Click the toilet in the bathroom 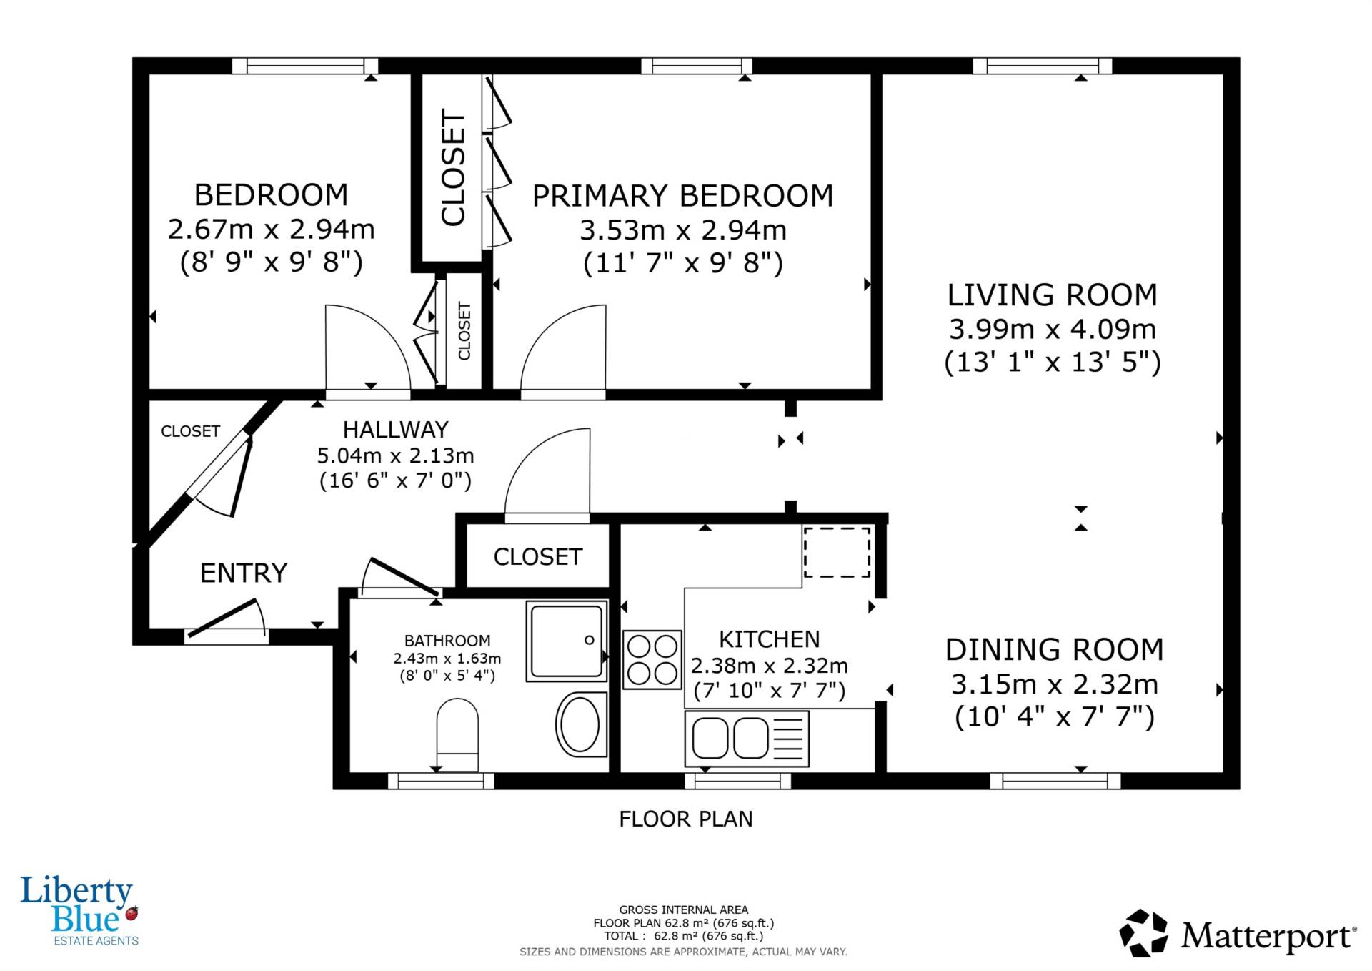(457, 735)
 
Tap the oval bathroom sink (580, 724)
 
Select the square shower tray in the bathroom (567, 641)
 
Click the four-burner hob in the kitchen (652, 659)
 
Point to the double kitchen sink (747, 738)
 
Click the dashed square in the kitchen (837, 552)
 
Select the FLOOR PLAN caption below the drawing (686, 819)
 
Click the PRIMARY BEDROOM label (683, 196)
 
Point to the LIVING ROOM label (1052, 295)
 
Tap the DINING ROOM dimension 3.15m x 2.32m (1054, 684)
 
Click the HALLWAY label (396, 430)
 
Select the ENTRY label (244, 573)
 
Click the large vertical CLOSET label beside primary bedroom (453, 167)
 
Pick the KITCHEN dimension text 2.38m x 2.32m (770, 666)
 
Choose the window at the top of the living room (1043, 66)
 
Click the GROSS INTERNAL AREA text (684, 910)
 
